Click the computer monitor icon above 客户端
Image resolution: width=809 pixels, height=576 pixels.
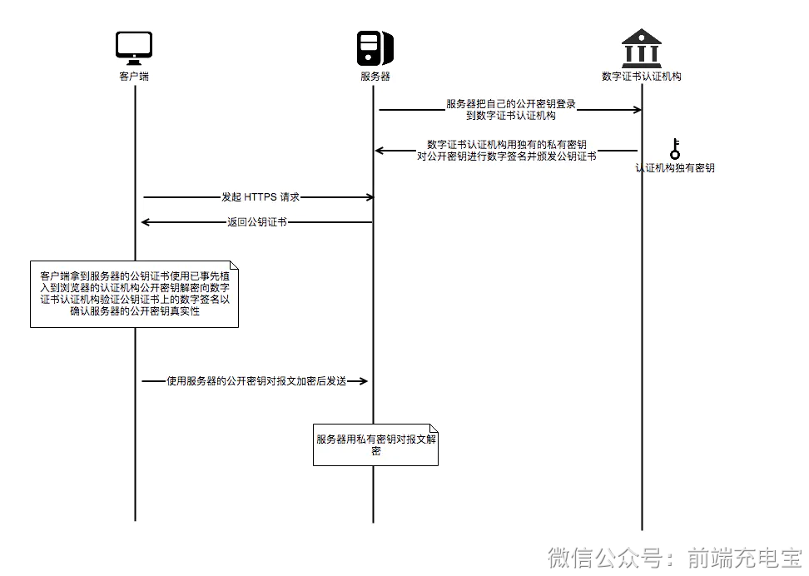(x=134, y=48)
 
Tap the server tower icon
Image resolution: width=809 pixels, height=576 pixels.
(x=374, y=48)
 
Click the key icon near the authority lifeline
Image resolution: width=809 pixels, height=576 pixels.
(x=674, y=149)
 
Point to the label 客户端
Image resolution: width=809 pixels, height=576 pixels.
(x=134, y=77)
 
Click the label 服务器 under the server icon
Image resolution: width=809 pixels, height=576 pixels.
(x=375, y=77)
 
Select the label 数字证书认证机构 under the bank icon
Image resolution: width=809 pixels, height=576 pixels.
(x=641, y=77)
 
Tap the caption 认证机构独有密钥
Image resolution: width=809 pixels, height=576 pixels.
(x=674, y=167)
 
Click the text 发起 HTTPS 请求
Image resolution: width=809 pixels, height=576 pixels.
(x=260, y=197)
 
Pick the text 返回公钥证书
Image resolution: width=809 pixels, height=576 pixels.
(x=257, y=222)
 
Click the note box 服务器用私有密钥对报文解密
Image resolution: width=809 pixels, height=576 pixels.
(x=375, y=444)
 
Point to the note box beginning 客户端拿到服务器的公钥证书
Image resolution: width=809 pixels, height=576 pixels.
(x=134, y=294)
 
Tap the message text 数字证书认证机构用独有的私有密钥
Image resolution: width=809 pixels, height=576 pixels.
(x=506, y=144)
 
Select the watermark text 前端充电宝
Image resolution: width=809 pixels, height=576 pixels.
(x=744, y=557)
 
